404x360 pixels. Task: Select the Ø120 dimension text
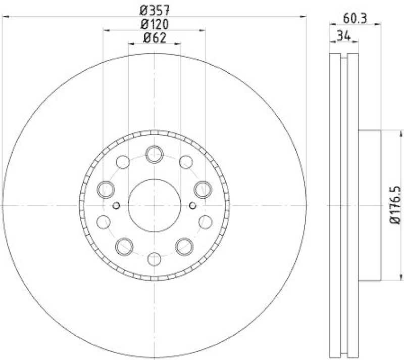154,23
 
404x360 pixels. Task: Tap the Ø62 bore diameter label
154,37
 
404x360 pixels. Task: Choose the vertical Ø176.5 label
395,205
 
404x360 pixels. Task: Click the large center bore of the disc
154,205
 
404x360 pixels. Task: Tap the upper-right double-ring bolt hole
203,189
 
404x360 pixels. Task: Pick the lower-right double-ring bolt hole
184,246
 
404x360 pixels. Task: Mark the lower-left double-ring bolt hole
124,246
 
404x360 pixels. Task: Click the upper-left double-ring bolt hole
106,189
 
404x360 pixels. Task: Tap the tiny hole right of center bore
192,205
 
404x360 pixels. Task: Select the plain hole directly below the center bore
154,258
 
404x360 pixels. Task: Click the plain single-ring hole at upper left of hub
123,162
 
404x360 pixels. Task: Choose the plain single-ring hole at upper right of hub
185,162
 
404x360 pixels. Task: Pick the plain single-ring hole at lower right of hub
205,221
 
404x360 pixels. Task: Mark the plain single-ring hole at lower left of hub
103,221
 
